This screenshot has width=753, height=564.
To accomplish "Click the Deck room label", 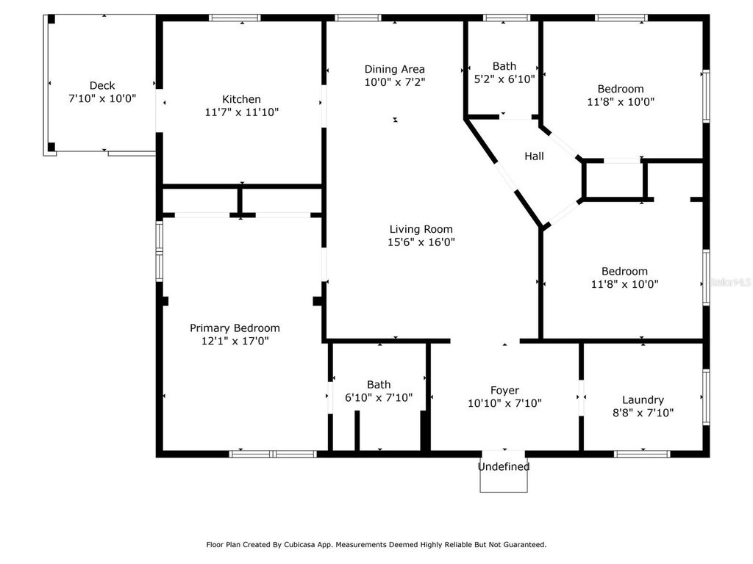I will pos(101,85).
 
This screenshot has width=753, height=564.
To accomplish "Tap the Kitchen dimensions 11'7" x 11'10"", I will pos(241,112).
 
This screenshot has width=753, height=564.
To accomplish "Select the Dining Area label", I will pos(394,69).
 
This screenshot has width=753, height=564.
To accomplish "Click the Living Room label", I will pos(421,229).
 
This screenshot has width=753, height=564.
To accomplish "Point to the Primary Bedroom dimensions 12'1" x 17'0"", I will pos(235,341).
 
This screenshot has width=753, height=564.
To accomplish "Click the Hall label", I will pos(534,156).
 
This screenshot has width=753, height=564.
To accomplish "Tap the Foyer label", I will pos(504,390).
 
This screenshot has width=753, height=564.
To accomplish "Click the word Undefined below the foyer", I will pos(504,466).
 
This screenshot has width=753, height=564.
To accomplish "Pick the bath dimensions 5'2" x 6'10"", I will pos(504,79).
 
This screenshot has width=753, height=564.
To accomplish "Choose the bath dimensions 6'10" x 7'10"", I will pos(379,397).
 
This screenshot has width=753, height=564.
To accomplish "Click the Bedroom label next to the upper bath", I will pos(620,89).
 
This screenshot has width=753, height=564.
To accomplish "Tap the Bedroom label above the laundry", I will pos(624,271).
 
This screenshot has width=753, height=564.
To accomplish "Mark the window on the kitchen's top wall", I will pos(235,18).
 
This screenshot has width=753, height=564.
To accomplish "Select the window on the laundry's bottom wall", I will pos(642,454).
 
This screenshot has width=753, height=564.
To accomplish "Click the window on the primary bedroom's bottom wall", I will pos(273,454).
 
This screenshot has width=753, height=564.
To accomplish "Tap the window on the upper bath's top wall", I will pos(506,18).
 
